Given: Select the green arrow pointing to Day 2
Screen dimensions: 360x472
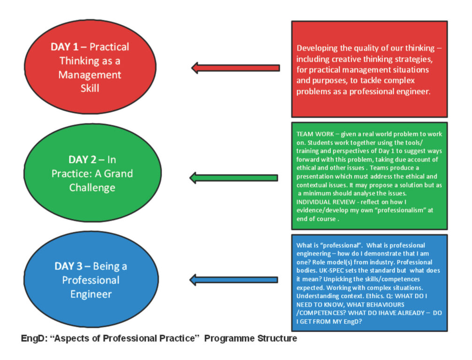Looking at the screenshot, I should click(x=233, y=178).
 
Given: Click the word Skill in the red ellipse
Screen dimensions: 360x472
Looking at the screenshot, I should click(x=90, y=88).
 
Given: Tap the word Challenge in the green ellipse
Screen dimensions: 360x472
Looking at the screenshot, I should click(x=92, y=187).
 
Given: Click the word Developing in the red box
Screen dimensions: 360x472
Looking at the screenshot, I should click(x=316, y=48).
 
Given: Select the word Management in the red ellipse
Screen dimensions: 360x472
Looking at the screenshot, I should click(x=90, y=75).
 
